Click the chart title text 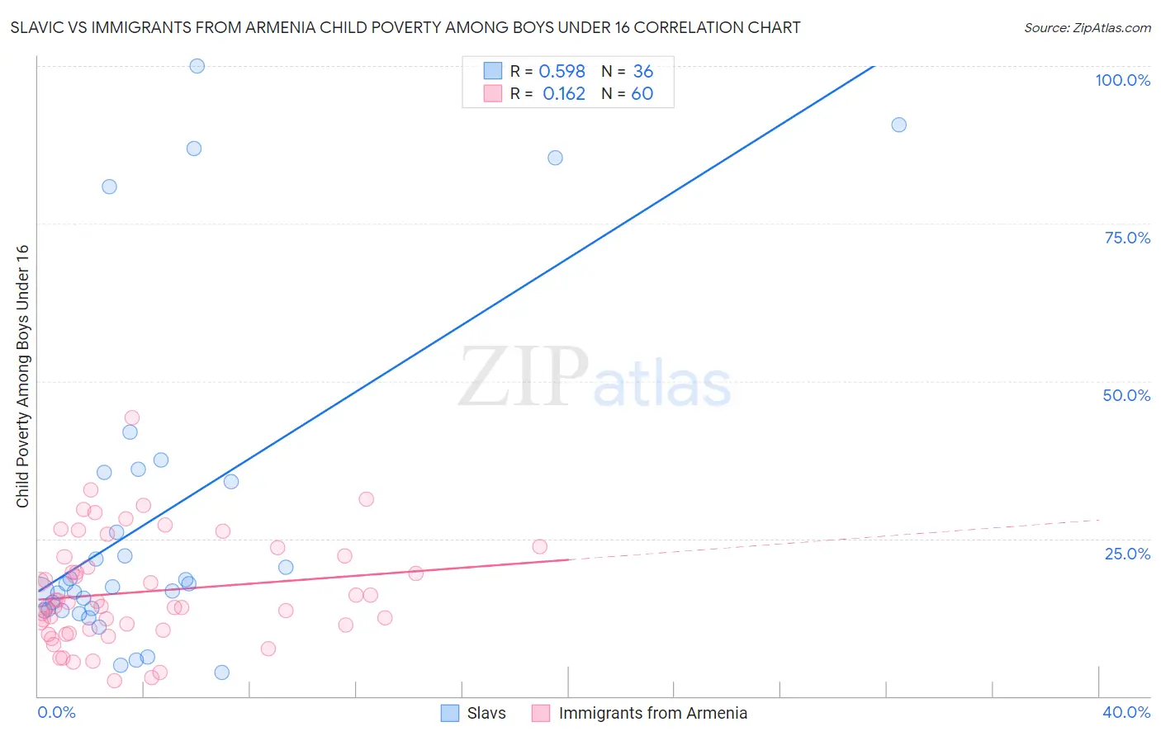coord(405,28)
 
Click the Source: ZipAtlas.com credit coord(1087,28)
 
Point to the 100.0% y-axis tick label coord(1122,80)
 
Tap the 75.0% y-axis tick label coord(1127,238)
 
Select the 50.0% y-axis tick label coord(1126,395)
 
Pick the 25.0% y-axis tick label coord(1127,553)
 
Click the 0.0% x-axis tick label coord(56,712)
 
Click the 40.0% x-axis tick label coord(1125,712)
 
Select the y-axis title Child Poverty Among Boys coord(22,376)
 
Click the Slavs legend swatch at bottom coord(450,713)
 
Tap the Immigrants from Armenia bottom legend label coord(652,713)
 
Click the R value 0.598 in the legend coord(562,72)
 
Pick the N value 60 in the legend coord(642,94)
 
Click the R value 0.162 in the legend coord(564,94)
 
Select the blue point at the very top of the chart coord(197,66)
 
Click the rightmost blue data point coord(898,125)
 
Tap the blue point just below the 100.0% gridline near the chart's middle coord(555,158)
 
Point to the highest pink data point coord(132,418)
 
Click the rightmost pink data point coord(539,546)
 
